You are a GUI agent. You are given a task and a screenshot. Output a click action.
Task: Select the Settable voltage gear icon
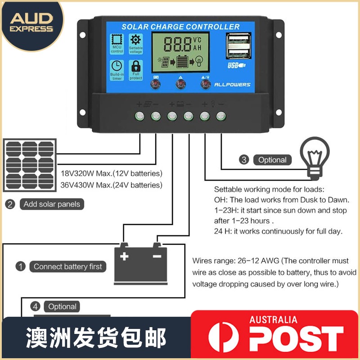(x=135, y=40)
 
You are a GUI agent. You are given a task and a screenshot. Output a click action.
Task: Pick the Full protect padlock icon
(x=135, y=67)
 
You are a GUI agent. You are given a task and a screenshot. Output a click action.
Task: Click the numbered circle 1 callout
(x=21, y=266)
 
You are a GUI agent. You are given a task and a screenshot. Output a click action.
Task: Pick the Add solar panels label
(x=52, y=204)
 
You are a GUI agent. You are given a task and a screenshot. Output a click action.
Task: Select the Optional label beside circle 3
(x=272, y=160)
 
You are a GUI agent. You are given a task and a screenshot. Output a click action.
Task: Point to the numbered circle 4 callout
(x=35, y=306)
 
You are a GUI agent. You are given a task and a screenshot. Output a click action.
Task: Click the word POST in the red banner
(x=297, y=337)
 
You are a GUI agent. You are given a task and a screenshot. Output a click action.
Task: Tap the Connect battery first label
(x=68, y=266)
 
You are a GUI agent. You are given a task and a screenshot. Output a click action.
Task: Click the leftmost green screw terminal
(x=139, y=116)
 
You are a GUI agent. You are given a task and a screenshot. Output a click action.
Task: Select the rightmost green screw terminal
(x=220, y=116)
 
